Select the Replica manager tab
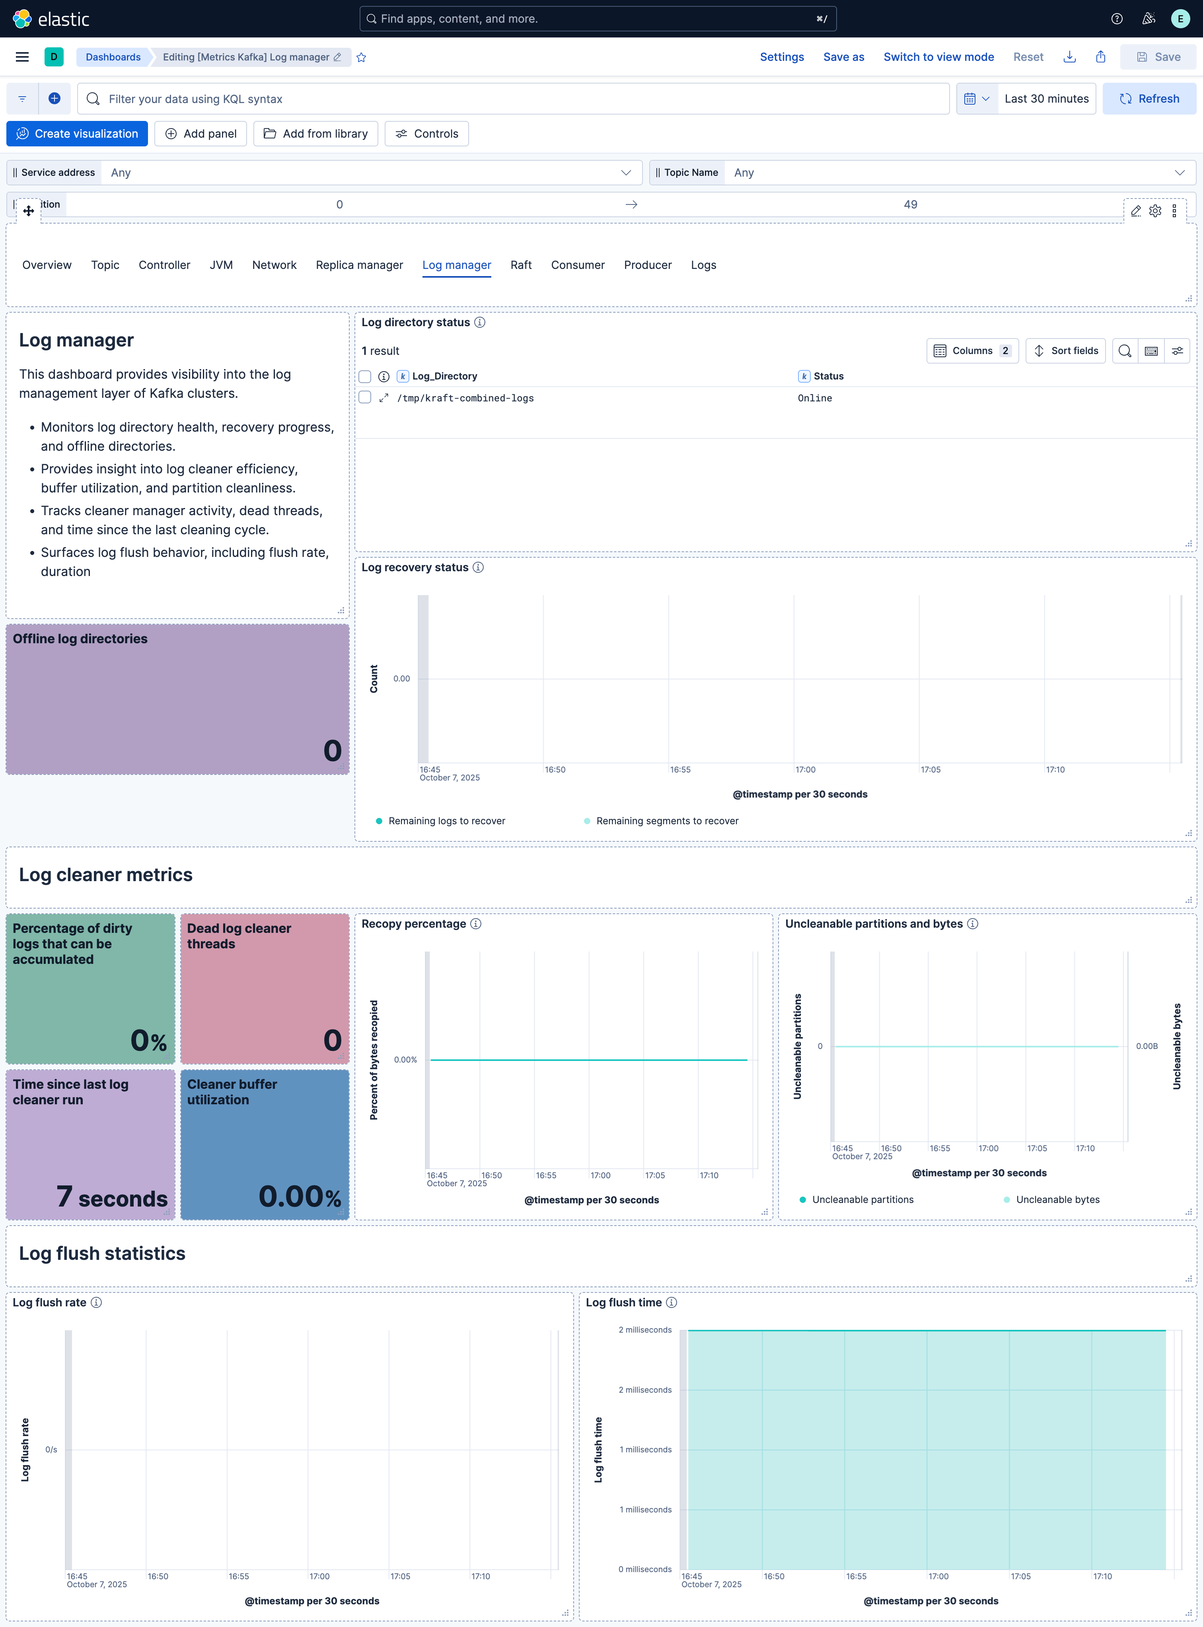pos(359,265)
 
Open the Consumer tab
pos(578,265)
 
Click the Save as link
pos(843,57)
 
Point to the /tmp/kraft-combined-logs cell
pos(465,398)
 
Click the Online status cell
pos(814,398)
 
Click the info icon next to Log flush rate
pos(96,1302)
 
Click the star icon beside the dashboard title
pos(361,58)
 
